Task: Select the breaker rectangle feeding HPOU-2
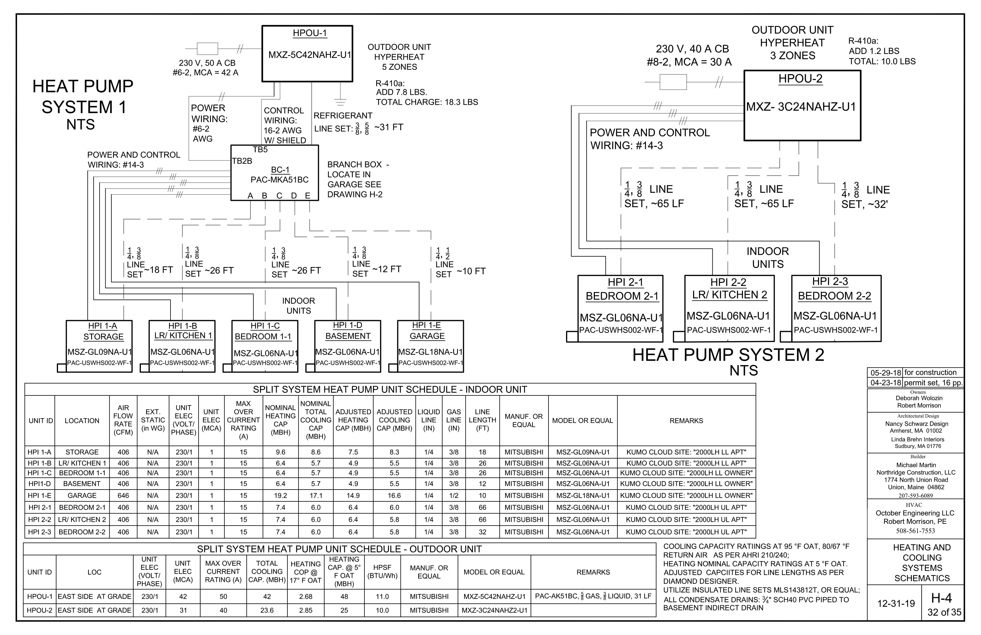click(673, 82)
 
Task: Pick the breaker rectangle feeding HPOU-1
click(207, 49)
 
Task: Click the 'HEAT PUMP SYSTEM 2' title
click(728, 355)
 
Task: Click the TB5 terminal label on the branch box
click(260, 150)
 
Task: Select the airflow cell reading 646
click(123, 496)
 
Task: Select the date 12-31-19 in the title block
click(896, 604)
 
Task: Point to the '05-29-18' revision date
click(886, 373)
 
